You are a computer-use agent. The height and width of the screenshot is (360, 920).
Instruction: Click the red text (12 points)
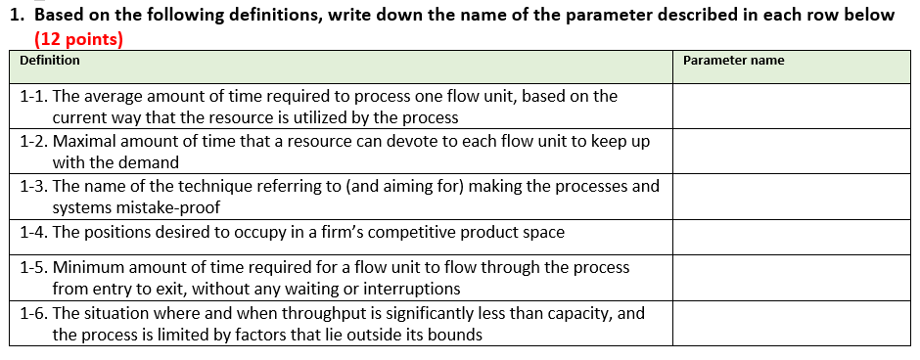pyautogui.click(x=78, y=39)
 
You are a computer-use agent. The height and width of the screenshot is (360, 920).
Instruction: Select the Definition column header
pyautogui.click(x=50, y=61)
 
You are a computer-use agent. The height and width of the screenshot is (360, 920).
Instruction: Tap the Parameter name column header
pyautogui.click(x=733, y=61)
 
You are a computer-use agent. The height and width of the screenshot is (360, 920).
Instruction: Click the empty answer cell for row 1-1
pyautogui.click(x=791, y=107)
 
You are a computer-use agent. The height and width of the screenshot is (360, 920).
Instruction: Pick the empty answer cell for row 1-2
pyautogui.click(x=791, y=152)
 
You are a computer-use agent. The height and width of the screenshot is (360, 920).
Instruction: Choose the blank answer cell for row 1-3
pyautogui.click(x=791, y=196)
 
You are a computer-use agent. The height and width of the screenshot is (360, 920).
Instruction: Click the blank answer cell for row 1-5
pyautogui.click(x=791, y=277)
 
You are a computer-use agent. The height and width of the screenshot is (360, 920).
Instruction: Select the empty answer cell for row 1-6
pyautogui.click(x=791, y=323)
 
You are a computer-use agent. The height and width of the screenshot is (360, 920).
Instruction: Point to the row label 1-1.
pyautogui.click(x=33, y=96)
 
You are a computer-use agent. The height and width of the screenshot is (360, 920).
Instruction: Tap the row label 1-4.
pyautogui.click(x=33, y=233)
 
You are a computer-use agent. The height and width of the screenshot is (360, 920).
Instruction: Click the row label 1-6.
pyautogui.click(x=33, y=313)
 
